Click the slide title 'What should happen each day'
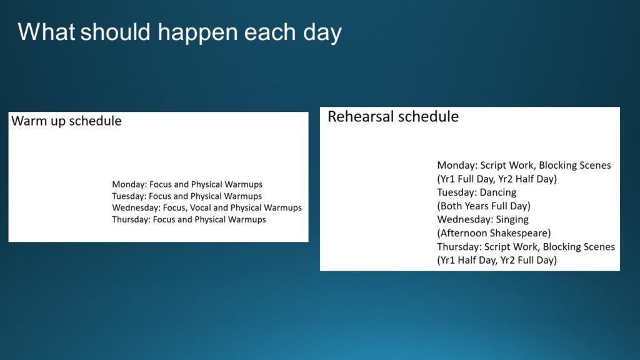click(179, 32)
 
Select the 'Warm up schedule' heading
click(66, 121)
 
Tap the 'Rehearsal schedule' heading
click(393, 117)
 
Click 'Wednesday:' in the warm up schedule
click(136, 207)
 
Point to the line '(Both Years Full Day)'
click(484, 206)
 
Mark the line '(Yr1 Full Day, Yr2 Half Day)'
click(497, 179)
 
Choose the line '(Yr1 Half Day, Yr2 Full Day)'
click(497, 261)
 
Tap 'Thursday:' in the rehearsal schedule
click(459, 247)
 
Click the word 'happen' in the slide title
click(197, 33)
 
